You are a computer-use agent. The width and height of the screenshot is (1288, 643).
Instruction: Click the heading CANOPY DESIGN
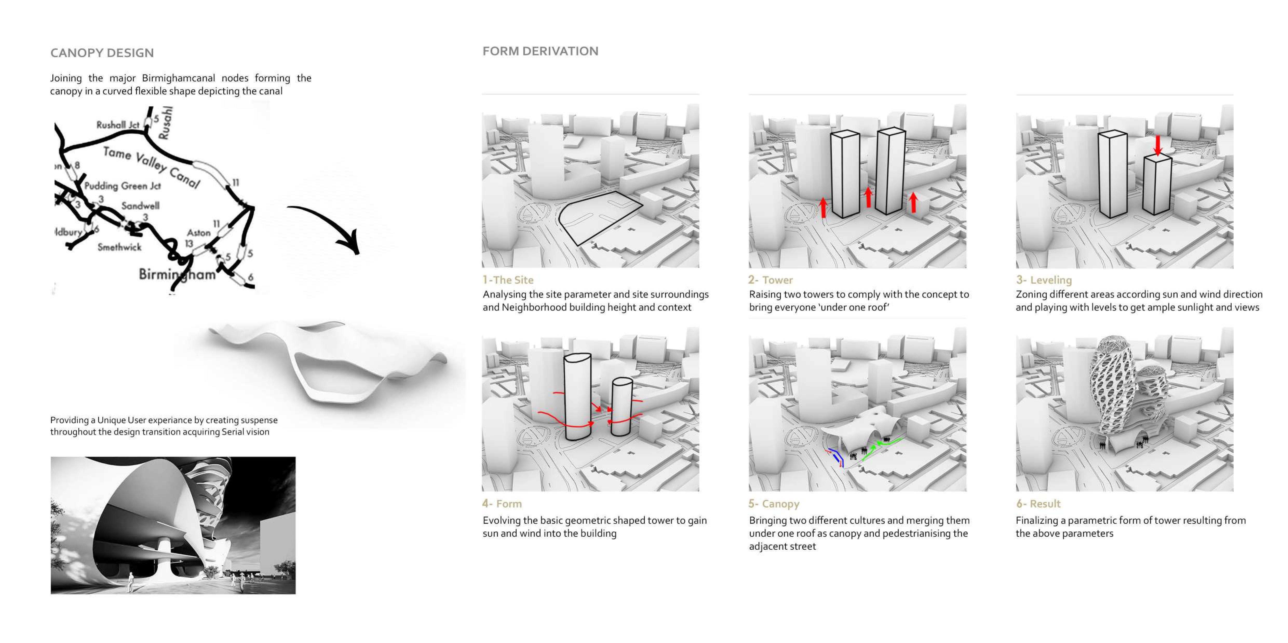coord(102,53)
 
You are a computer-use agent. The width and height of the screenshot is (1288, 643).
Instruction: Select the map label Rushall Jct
coord(118,125)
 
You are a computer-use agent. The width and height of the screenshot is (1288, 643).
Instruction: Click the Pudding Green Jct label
coord(123,186)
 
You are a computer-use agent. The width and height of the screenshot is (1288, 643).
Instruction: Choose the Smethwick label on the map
coord(119,247)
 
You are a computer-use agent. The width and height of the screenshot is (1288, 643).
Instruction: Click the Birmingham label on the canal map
coord(178,274)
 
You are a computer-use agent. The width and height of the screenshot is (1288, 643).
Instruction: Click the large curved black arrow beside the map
coord(330,220)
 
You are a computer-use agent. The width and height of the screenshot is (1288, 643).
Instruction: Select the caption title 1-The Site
coord(508,280)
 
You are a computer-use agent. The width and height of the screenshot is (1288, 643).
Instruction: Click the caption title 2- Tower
coord(771,280)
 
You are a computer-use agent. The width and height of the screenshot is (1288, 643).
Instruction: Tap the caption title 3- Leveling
coord(1044,280)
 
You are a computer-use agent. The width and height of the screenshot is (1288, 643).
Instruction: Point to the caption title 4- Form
coord(502,504)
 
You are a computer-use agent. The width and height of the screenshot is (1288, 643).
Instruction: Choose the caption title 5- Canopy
coord(774,504)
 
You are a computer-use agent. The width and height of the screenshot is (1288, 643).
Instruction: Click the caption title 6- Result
coord(1038,504)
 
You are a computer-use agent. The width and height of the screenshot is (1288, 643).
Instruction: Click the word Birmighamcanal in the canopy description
coord(179,78)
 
